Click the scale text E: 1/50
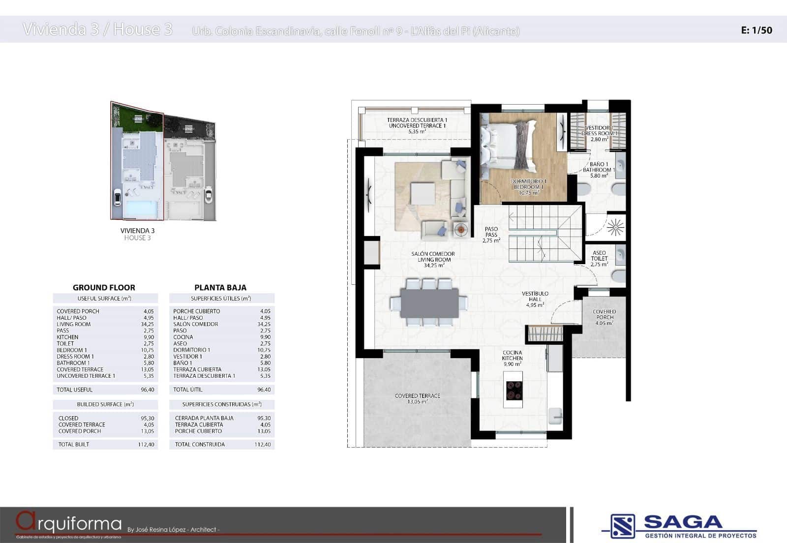(x=757, y=30)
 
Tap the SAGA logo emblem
(x=623, y=526)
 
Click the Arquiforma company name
(x=69, y=522)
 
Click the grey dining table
(x=429, y=302)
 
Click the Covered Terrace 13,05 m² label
(x=417, y=398)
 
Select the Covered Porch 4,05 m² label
(x=604, y=317)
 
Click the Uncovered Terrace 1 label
(x=417, y=126)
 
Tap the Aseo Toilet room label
(x=599, y=258)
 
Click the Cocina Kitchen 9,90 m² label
(x=512, y=358)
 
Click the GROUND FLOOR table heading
(x=104, y=288)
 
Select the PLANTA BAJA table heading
(x=220, y=288)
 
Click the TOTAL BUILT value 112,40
(x=146, y=444)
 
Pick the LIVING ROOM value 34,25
(x=147, y=324)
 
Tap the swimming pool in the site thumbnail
(x=142, y=209)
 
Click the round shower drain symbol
(x=615, y=227)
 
